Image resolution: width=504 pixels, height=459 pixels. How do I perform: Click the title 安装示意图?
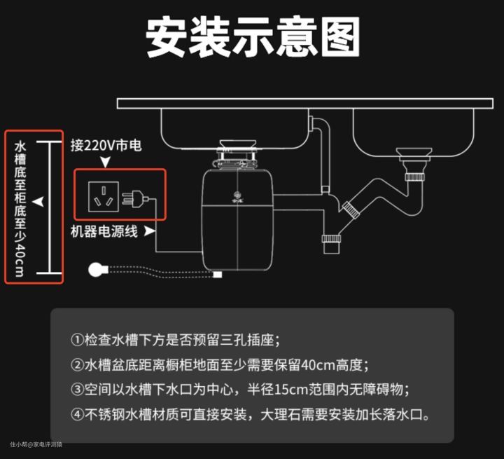pos(253,37)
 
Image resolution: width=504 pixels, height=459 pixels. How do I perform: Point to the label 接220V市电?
pos(106,146)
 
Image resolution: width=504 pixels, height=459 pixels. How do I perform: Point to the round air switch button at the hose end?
pos(97,270)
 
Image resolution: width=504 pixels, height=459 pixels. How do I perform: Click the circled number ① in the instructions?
pos(77,341)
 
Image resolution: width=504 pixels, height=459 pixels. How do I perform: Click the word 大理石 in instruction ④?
pos(279,413)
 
